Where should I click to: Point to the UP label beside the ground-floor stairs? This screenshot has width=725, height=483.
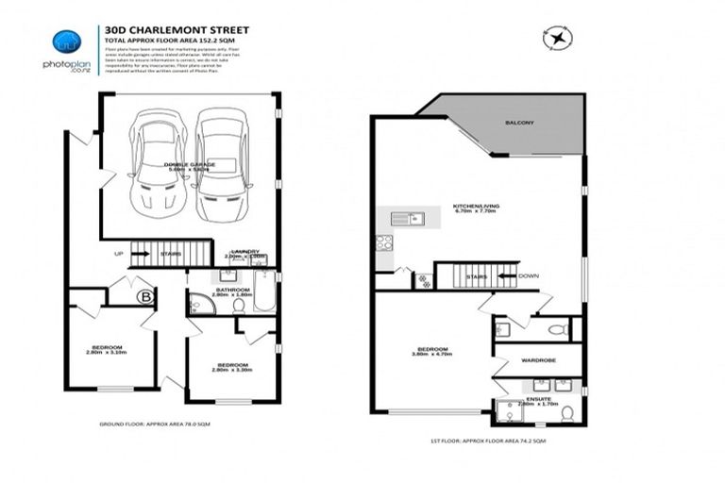tap(118, 254)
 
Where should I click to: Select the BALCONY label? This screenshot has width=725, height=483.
tap(518, 123)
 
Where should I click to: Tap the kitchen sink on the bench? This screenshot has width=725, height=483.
tap(407, 220)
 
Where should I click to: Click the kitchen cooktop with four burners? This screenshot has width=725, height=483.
tap(384, 241)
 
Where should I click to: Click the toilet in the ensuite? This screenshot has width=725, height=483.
tap(567, 412)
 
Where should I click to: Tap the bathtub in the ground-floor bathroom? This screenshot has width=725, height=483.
tap(263, 293)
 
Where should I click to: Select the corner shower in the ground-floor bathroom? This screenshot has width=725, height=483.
tap(199, 303)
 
